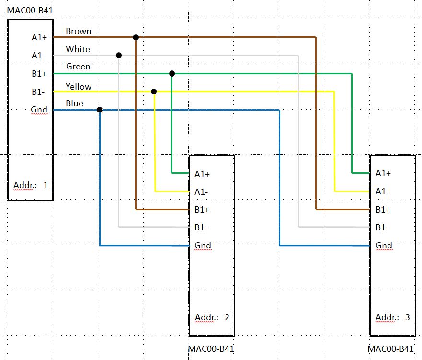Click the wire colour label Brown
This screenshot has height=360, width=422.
(79, 32)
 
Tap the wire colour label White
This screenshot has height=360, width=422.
(78, 49)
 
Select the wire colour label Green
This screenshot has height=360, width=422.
(78, 67)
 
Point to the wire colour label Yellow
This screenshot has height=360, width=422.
(79, 87)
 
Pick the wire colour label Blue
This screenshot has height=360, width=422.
(74, 103)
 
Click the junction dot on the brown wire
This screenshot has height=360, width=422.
(136, 37)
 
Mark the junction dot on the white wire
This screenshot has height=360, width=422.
(119, 56)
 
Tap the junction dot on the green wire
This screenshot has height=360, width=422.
(172, 74)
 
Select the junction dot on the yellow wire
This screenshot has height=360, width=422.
(154, 91)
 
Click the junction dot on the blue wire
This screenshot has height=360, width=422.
(100, 110)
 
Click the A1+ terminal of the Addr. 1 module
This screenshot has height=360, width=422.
(39, 37)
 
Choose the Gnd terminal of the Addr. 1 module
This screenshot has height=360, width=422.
(39, 110)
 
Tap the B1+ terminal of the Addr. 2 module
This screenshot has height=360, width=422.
(202, 210)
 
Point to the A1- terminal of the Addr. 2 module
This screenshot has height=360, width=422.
(201, 192)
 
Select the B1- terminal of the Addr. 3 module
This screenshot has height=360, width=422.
(382, 227)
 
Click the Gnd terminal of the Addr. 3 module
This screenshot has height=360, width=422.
(384, 246)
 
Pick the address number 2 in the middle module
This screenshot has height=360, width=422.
(227, 317)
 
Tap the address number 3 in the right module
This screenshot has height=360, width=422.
(408, 317)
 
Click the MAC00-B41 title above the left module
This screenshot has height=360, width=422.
(29, 10)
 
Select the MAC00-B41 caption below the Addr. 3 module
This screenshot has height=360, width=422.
(391, 349)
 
